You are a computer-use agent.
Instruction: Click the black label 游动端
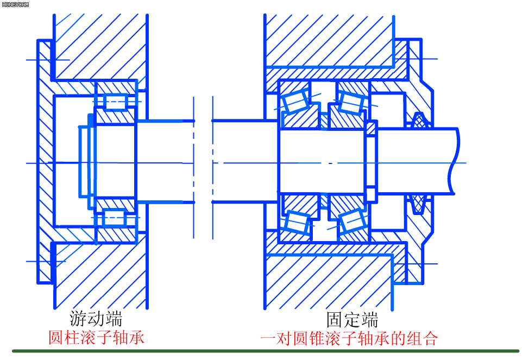pyautogui.click(x=96, y=319)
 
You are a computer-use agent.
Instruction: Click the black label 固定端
pyautogui.click(x=352, y=320)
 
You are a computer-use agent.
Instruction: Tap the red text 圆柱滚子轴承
pyautogui.click(x=97, y=337)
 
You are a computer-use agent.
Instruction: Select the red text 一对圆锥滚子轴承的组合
pyautogui.click(x=349, y=338)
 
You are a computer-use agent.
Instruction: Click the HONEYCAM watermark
pyautogui.click(x=15, y=5)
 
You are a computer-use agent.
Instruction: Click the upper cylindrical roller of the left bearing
pyautogui.click(x=115, y=102)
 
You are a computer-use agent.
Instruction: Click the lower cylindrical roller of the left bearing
pyautogui.click(x=114, y=218)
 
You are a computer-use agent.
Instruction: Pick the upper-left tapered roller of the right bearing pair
pyautogui.click(x=296, y=101)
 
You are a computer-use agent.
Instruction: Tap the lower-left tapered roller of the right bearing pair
pyautogui.click(x=297, y=222)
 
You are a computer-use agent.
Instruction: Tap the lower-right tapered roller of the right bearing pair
pyautogui.click(x=353, y=221)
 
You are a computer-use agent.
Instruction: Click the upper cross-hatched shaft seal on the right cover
pyautogui.click(x=419, y=121)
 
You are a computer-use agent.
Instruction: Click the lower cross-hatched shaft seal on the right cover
pyautogui.click(x=418, y=204)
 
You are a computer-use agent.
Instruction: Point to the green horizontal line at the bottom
pyautogui.click(x=266, y=351)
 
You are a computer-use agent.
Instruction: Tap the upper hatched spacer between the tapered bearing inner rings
pyautogui.click(x=324, y=121)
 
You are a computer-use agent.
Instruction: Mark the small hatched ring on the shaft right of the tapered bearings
pyautogui.click(x=371, y=129)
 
